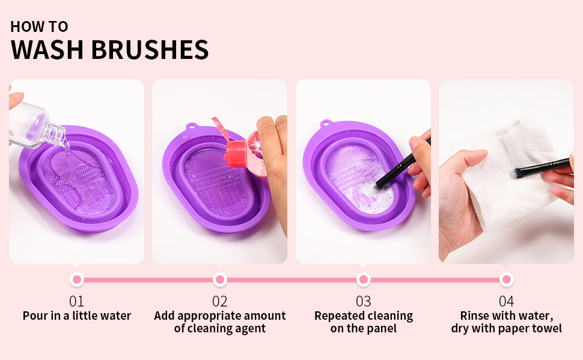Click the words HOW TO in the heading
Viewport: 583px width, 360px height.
click(x=39, y=26)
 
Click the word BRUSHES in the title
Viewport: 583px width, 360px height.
click(x=151, y=49)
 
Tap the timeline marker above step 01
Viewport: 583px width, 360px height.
click(x=76, y=279)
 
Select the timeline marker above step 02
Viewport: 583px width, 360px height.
click(x=220, y=279)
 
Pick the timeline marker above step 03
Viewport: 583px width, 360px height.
click(x=363, y=279)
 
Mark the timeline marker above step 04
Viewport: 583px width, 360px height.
click(x=507, y=279)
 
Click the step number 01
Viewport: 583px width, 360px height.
click(x=76, y=301)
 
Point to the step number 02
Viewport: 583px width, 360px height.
click(x=220, y=301)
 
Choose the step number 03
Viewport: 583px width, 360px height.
click(x=363, y=301)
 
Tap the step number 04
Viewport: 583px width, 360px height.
click(x=507, y=301)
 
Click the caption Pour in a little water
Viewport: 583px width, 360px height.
click(x=76, y=316)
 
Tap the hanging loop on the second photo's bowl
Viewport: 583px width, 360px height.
click(x=191, y=127)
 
